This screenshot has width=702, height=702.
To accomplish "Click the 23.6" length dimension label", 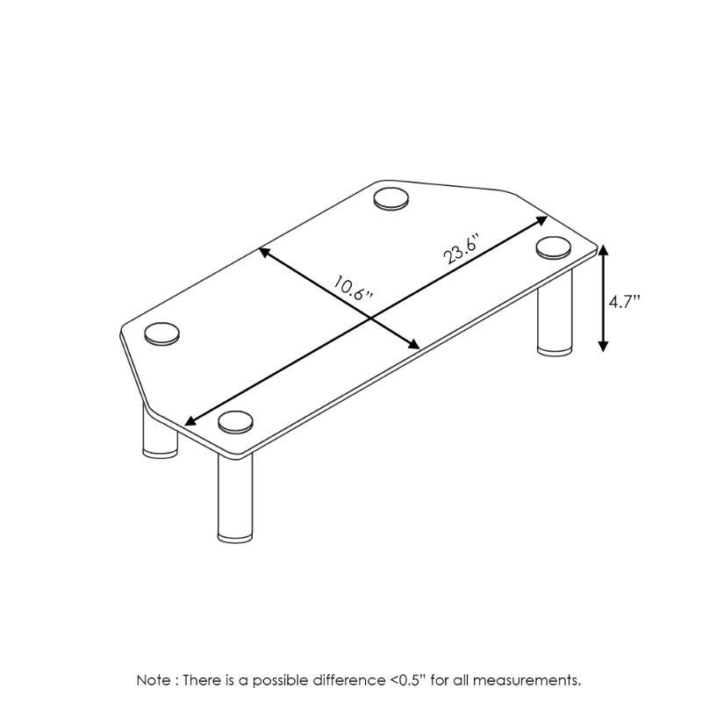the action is click(462, 248).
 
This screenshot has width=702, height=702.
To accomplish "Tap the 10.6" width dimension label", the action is click(354, 290).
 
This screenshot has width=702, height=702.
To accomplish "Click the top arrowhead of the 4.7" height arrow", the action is click(603, 250).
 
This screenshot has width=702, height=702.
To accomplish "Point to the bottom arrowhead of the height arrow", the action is click(603, 346).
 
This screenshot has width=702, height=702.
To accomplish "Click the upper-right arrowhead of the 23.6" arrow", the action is click(541, 220).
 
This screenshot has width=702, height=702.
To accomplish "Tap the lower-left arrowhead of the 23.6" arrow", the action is click(190, 421).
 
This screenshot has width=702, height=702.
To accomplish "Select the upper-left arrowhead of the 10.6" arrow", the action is click(265, 252).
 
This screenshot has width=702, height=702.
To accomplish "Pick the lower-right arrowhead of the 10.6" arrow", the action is click(413, 343).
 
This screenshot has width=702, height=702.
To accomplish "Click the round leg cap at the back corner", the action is click(391, 199).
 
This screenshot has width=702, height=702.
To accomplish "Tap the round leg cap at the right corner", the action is click(554, 247).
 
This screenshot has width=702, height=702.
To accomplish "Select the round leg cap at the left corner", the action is click(162, 333).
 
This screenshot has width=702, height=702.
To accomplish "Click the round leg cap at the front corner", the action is click(235, 422).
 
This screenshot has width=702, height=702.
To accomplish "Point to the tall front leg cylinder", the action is click(235, 498).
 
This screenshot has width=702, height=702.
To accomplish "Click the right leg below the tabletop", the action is click(555, 313).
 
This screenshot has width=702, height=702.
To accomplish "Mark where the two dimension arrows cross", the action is click(370, 318).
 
